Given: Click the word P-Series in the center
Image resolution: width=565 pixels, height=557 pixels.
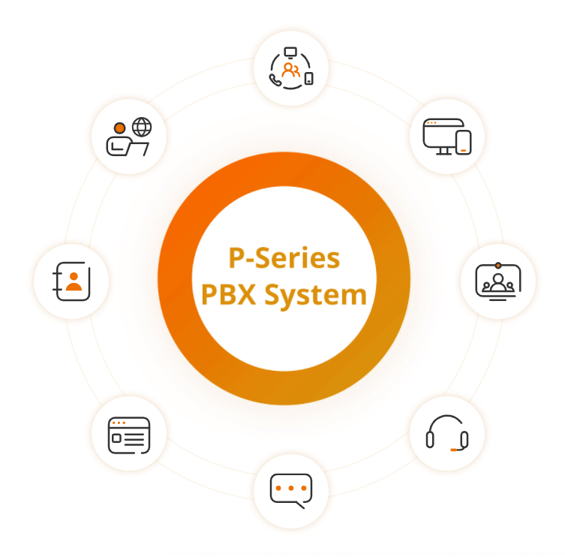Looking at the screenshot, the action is (284, 257).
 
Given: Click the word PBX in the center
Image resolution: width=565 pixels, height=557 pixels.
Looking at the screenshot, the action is (228, 294).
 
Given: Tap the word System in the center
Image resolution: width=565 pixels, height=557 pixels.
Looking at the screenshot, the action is (316, 297).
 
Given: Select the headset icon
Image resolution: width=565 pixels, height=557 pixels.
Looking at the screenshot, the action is (446, 432).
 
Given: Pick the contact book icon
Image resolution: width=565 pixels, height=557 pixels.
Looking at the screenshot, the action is (71, 282).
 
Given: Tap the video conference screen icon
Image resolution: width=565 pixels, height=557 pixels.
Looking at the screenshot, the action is (498, 282).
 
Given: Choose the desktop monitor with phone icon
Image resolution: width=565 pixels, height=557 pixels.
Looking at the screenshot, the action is (446, 137).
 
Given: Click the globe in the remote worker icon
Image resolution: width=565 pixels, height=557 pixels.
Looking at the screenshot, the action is (142, 127).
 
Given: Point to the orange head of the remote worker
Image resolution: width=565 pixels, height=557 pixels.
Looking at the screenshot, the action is (119, 128).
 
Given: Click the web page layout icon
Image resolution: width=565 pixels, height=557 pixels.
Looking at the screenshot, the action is (129, 435).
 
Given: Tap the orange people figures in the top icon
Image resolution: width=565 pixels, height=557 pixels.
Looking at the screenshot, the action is (291, 71).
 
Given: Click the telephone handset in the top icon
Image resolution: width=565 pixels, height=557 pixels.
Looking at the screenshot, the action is (275, 80).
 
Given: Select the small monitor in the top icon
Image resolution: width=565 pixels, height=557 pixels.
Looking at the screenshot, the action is (290, 53).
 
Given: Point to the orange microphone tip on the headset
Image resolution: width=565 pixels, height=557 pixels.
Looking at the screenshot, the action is (453, 450).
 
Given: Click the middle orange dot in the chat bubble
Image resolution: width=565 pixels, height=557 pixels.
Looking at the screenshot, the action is (291, 488).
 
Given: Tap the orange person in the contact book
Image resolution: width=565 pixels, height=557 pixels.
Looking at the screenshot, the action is (74, 282).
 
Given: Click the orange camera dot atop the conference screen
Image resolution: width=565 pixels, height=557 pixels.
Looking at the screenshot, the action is (498, 265).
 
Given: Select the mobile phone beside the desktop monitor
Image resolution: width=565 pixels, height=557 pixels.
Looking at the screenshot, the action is (464, 143).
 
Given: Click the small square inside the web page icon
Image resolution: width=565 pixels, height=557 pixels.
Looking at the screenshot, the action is (116, 438).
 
